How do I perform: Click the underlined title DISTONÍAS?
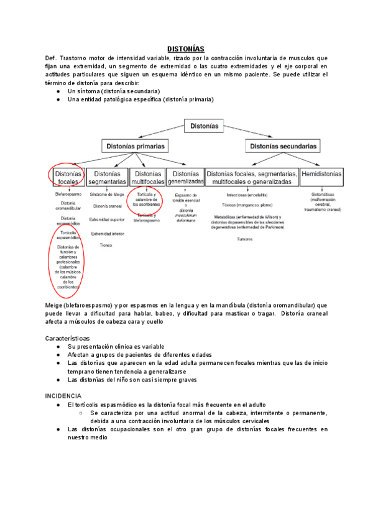186,48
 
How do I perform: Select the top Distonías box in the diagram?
205,126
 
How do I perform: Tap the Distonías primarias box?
135,147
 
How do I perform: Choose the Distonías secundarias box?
283,147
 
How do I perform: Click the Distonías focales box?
65,177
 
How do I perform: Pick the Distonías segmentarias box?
108,177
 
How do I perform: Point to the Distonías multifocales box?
149,177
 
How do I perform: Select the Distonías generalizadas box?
185,177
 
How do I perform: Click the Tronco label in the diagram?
106,245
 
